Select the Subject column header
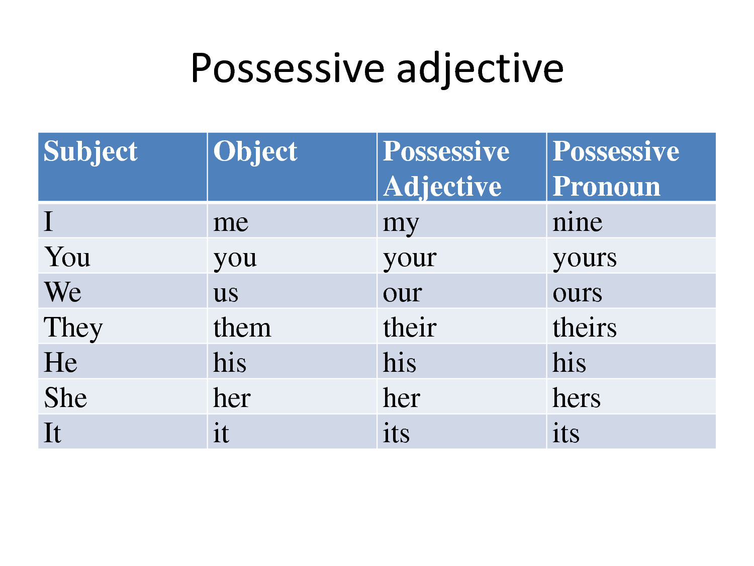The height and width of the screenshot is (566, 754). (90, 151)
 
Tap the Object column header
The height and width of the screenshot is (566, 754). (255, 151)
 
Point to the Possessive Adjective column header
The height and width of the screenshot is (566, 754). (446, 169)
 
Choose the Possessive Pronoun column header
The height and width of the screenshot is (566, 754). (616, 169)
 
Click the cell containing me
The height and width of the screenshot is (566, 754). (231, 222)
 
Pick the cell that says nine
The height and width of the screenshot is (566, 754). (577, 222)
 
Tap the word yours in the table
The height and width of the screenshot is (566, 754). (584, 258)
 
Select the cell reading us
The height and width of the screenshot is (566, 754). (226, 293)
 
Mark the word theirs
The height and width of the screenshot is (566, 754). (584, 328)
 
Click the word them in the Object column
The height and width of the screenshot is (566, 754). (242, 328)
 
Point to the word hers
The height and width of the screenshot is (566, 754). (576, 398)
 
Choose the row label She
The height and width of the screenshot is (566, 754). (66, 398)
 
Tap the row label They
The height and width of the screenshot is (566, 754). (73, 328)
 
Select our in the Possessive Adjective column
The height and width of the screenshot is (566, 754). (402, 293)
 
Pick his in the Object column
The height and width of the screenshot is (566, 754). (230, 363)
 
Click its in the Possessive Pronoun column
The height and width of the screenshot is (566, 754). (566, 434)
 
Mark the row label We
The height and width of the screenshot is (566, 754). (63, 293)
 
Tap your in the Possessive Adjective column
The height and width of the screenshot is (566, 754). (410, 258)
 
